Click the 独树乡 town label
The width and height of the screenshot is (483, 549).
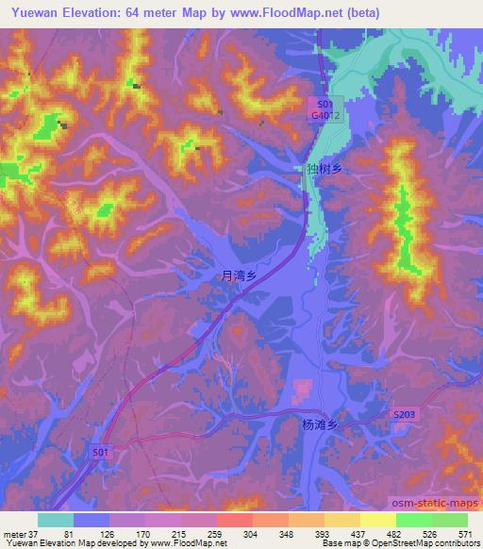323,169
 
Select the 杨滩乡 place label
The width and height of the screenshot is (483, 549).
318,424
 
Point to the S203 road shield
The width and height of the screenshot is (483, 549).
404,414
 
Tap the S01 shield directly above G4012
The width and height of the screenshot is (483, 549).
324,104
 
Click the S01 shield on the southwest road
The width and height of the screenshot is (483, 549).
101,453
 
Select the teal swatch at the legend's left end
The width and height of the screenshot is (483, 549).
56,520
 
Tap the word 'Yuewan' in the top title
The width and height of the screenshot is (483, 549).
28,12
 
